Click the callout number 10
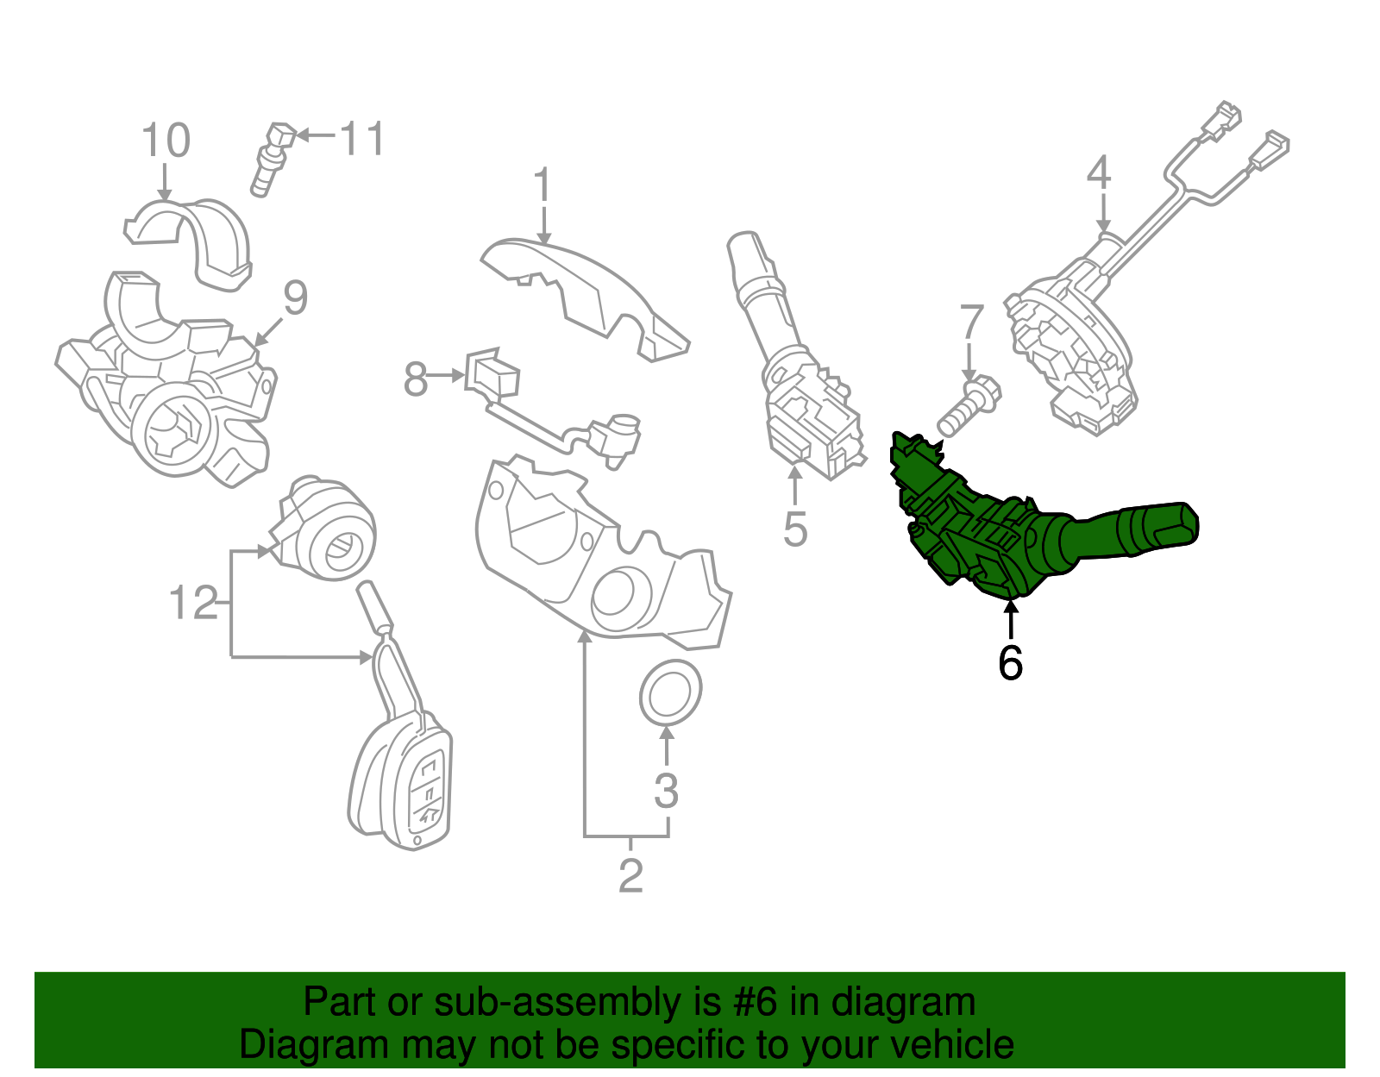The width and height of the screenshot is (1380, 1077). (166, 141)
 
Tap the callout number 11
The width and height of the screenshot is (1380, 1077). (362, 138)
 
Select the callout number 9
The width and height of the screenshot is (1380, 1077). (295, 298)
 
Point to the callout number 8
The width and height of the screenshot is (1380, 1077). (416, 379)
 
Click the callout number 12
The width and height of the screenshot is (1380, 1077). (194, 603)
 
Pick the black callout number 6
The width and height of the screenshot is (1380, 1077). (1010, 663)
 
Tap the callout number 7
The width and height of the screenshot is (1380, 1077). (972, 322)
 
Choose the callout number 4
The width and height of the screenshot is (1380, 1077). (1098, 173)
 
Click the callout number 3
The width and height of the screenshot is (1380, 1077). (666, 791)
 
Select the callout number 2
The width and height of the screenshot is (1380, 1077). (630, 876)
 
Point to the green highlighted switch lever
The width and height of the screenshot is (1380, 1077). (1035, 535)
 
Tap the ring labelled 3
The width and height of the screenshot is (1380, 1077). (669, 692)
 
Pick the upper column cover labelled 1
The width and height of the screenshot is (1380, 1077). (586, 293)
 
